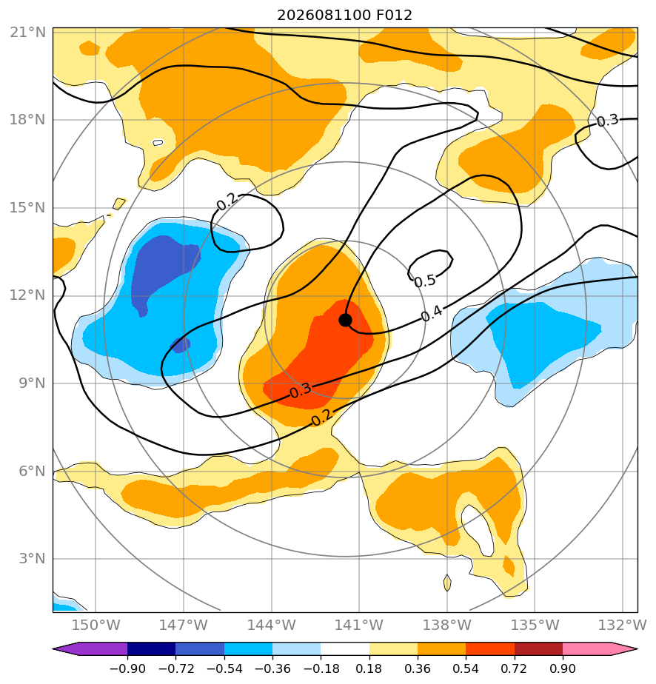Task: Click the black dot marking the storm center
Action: pyautogui.click(x=345, y=321)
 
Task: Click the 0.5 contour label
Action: pyautogui.click(x=425, y=281)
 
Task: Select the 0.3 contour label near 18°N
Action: pyautogui.click(x=608, y=121)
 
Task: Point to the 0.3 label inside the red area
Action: pyautogui.click(x=300, y=390)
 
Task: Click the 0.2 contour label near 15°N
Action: pyautogui.click(x=227, y=201)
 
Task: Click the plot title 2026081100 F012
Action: pyautogui.click(x=344, y=16)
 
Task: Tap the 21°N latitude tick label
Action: pyautogui.click(x=27, y=33)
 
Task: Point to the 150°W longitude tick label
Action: pyautogui.click(x=96, y=625)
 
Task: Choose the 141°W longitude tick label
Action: pyautogui.click(x=359, y=625)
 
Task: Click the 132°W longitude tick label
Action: pyautogui.click(x=623, y=625)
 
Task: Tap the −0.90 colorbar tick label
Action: pyautogui.click(x=127, y=668)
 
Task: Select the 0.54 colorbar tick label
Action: pyautogui.click(x=466, y=668)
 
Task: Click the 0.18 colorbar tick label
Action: pyautogui.click(x=369, y=668)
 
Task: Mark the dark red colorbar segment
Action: pyautogui.click(x=539, y=648)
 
